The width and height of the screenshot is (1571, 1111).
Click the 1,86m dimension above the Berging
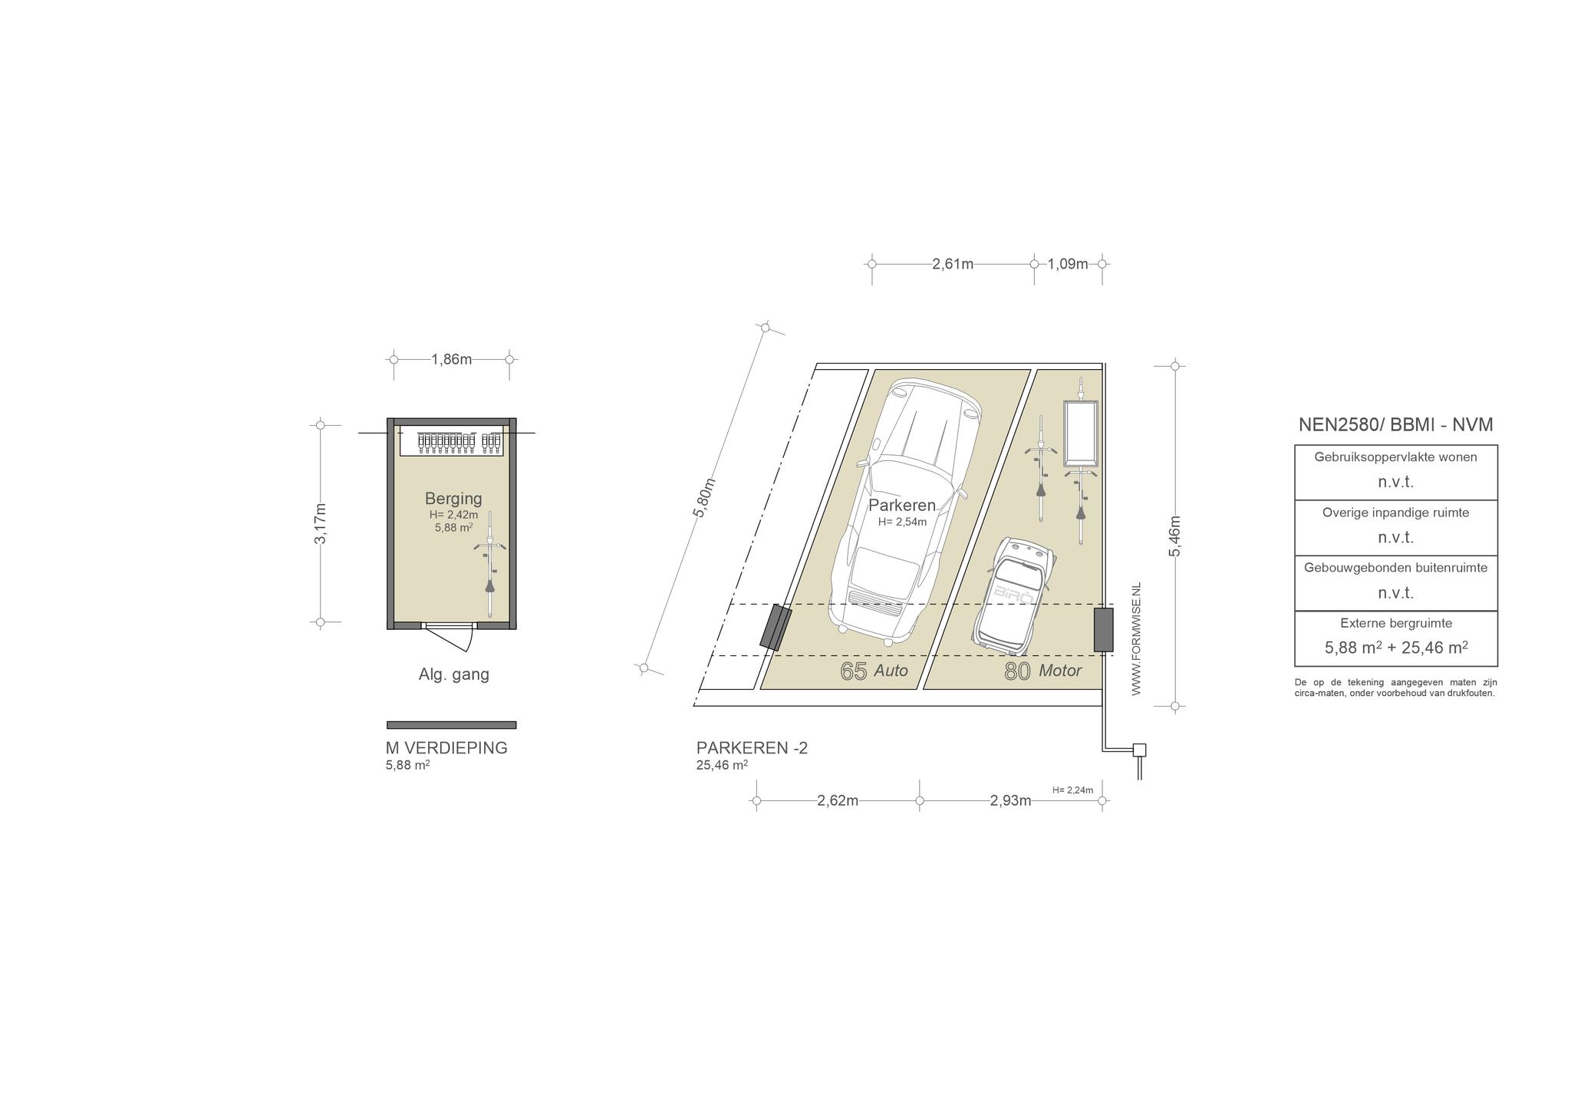pos(452,359)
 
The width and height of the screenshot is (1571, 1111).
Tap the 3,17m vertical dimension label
pos(321,523)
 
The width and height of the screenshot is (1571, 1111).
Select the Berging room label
pos(453,499)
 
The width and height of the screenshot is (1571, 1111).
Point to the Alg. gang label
pos(453,674)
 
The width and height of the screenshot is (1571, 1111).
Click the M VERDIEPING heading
pos(446,748)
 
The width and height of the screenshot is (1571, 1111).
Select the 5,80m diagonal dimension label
pos(703,498)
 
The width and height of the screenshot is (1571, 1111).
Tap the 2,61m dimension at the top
pos(953,264)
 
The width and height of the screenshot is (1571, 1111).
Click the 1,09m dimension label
pos(1068,264)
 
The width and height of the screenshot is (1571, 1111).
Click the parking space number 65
pos(854,671)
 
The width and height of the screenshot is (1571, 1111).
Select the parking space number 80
pos(1018,671)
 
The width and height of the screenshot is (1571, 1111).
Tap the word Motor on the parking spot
pos(1060,671)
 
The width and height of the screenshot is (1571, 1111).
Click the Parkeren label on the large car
pos(902,506)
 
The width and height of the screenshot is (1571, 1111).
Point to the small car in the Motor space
pos(1013,596)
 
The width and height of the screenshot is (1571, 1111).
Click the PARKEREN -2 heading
pos(752,748)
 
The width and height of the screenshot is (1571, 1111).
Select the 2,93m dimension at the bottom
pos(1010,801)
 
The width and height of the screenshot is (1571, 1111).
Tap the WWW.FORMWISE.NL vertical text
pos(1136,638)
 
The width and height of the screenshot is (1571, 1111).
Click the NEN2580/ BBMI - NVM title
pos(1395,425)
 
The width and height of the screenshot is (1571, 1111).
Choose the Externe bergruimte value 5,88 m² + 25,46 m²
pos(1396,647)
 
